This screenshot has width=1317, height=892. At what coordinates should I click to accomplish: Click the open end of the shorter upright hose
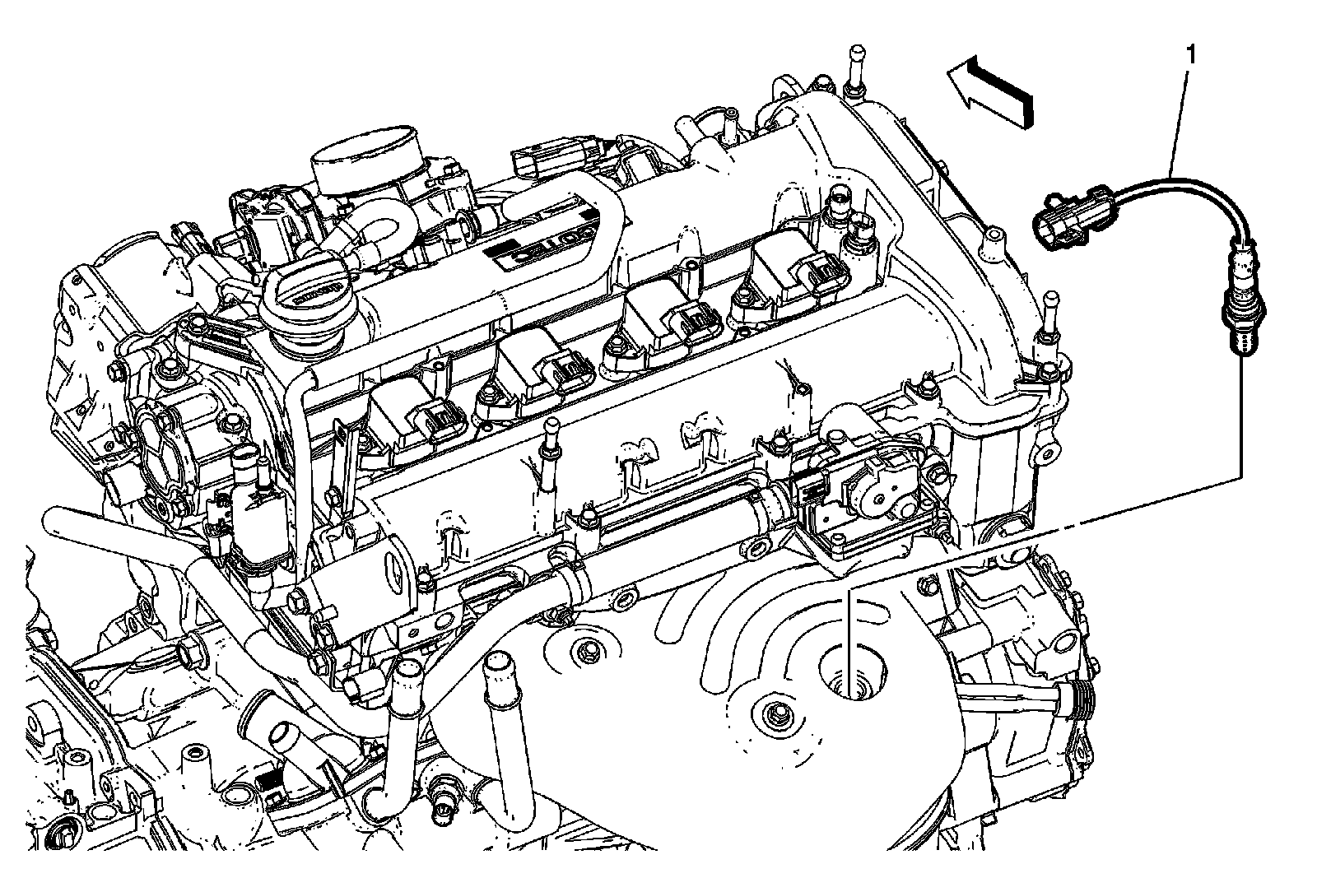405,675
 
